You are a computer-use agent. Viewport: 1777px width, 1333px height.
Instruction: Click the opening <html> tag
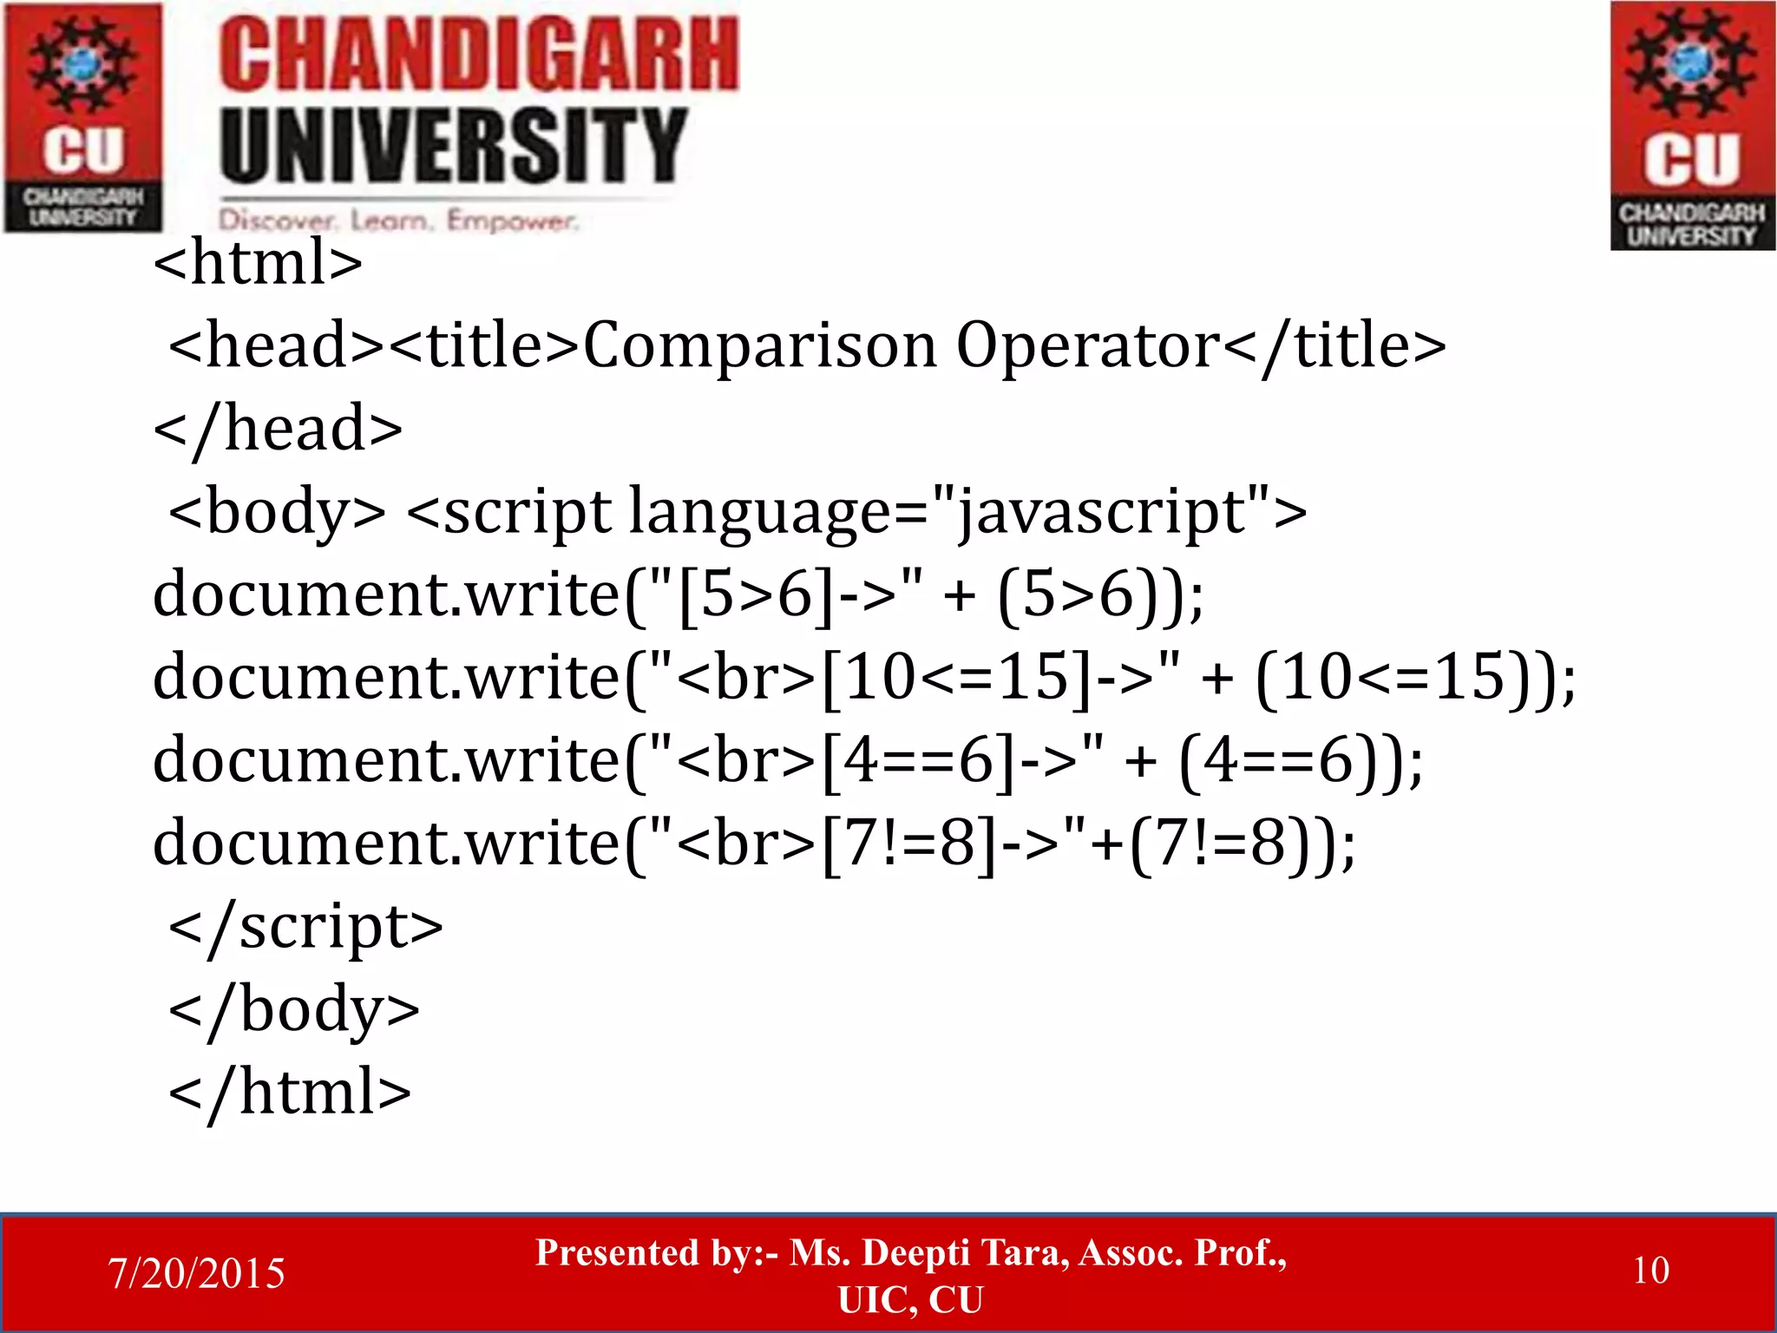(258, 262)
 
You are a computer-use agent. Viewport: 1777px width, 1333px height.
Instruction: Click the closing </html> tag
(290, 1093)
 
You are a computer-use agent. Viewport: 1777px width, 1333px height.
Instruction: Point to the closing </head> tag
(278, 429)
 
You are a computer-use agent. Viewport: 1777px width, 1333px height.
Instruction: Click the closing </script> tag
(305, 927)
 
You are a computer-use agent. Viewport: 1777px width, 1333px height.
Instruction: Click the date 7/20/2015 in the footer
(196, 1273)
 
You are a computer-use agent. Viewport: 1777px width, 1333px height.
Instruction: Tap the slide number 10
(1650, 1271)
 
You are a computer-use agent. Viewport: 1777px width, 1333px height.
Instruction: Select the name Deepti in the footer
(915, 1253)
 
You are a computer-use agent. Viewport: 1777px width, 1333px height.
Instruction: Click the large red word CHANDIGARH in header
(478, 56)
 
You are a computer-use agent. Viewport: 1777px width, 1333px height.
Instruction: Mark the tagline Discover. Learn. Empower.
(397, 220)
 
